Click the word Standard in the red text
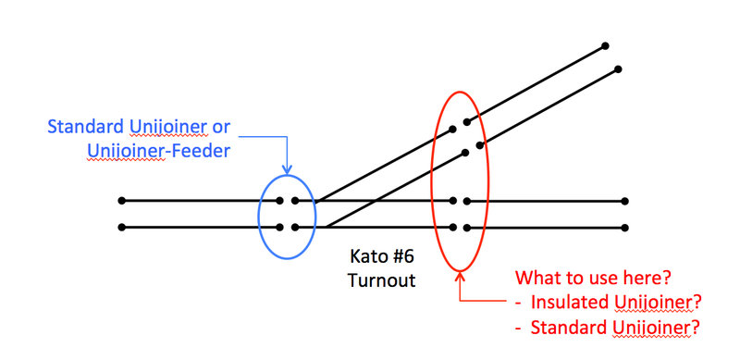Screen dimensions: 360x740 [x=564, y=326]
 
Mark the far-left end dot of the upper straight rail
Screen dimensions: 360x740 [x=121, y=200]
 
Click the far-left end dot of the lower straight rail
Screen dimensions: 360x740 [x=121, y=227]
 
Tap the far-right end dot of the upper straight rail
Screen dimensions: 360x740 [x=625, y=201]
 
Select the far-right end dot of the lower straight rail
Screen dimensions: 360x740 [x=625, y=228]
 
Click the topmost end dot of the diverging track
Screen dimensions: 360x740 [x=605, y=45]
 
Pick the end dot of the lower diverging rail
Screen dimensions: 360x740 [x=619, y=68]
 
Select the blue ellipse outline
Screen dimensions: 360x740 [x=260, y=213]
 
